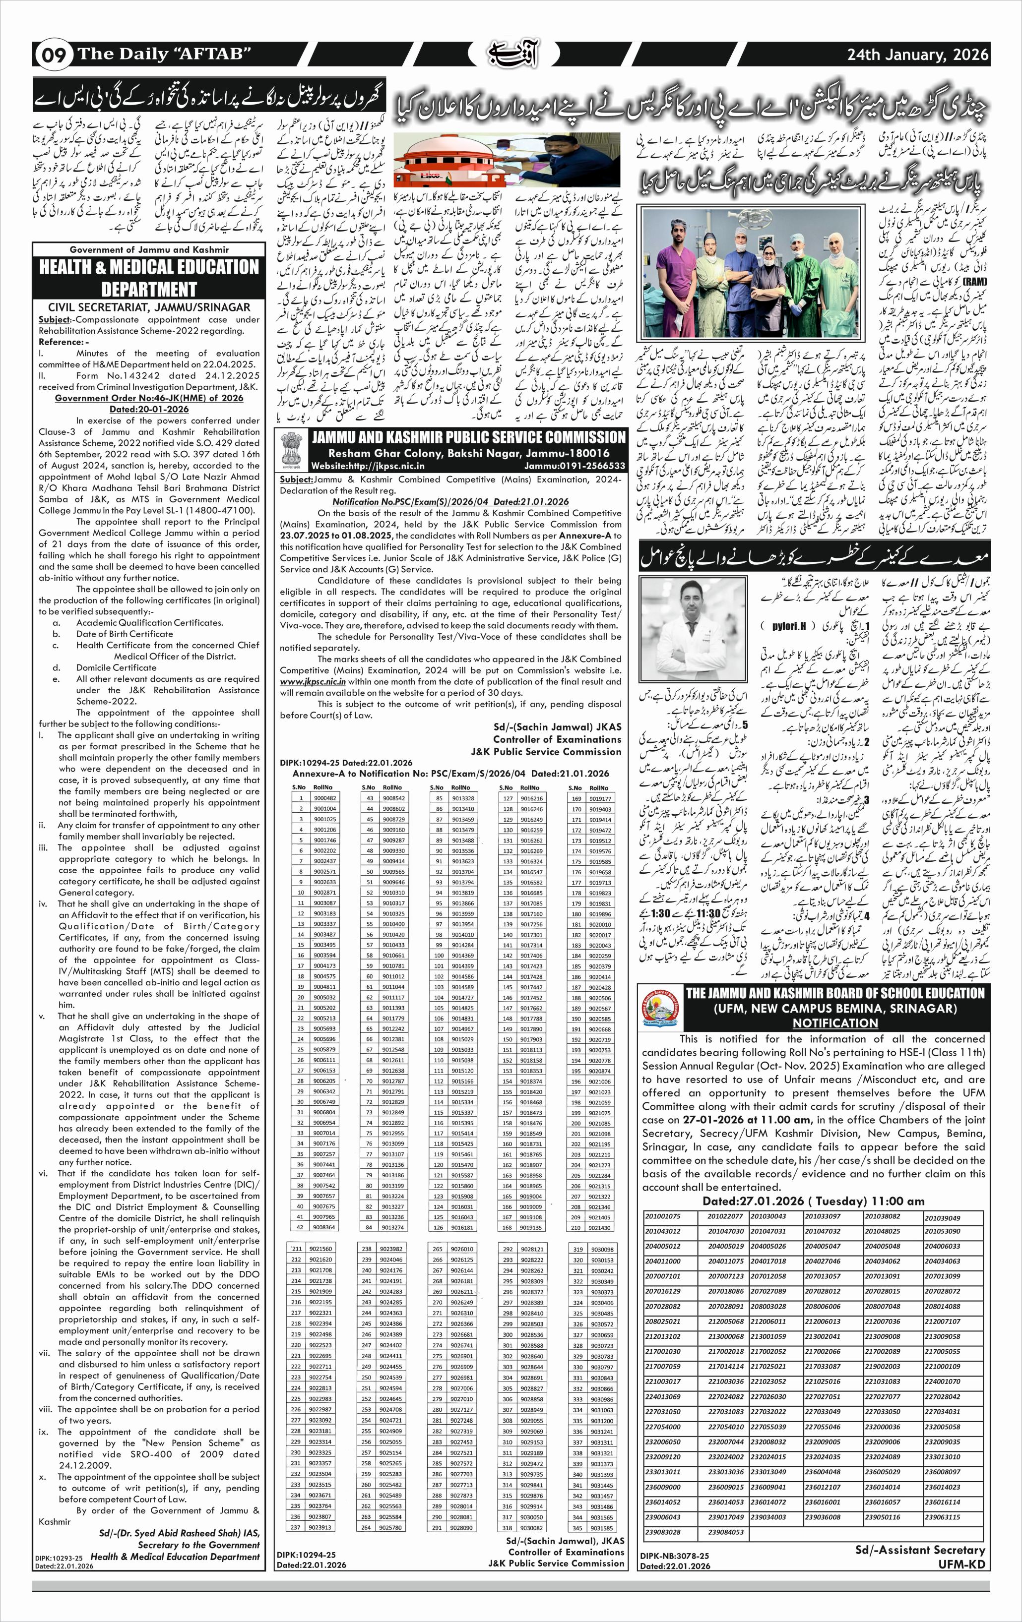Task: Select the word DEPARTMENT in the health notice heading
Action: tap(149, 289)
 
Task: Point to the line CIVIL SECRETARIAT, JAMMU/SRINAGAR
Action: tap(149, 306)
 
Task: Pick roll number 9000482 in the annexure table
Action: tap(325, 797)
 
